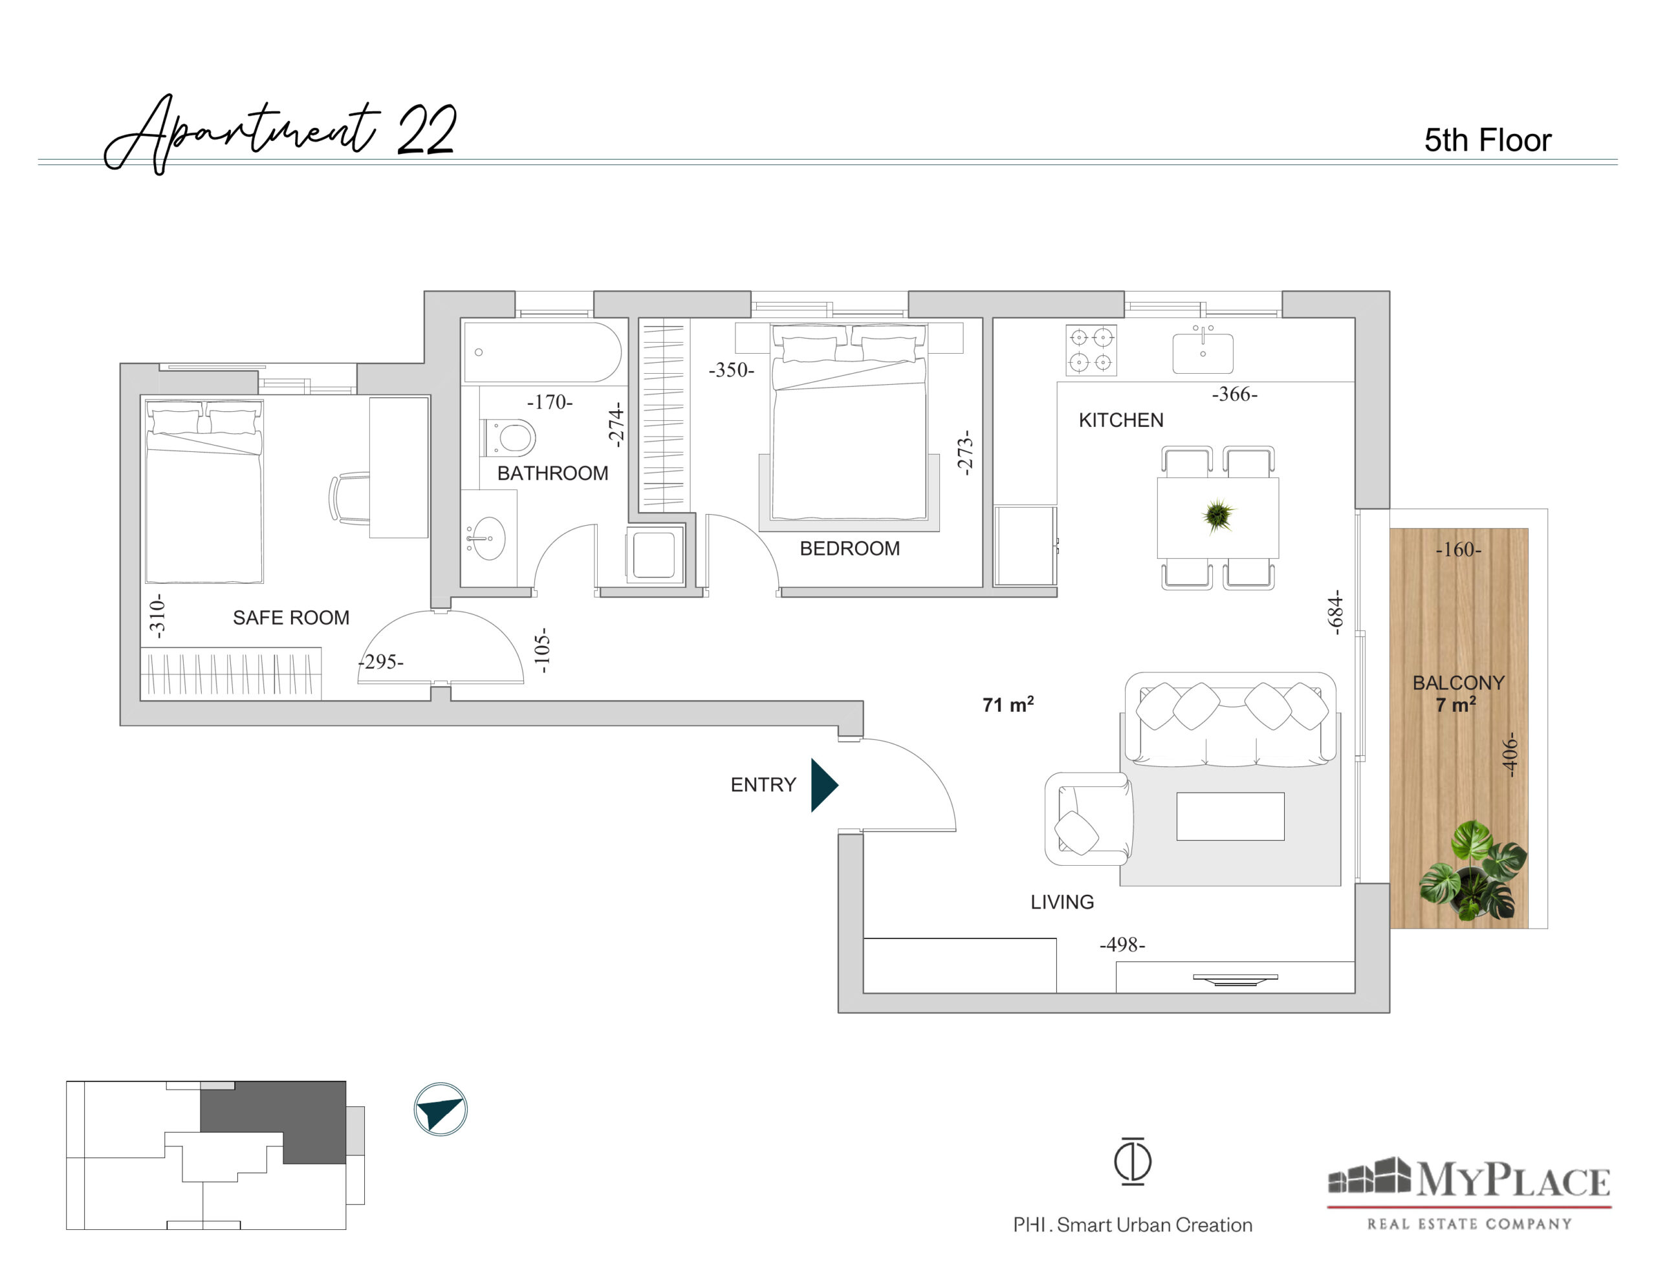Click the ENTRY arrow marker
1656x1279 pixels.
[823, 785]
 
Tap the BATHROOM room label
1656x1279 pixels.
[553, 473]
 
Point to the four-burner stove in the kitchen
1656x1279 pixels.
[1091, 350]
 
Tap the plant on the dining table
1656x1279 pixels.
[1217, 515]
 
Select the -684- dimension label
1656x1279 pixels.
[1335, 612]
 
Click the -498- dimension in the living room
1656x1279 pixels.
[1122, 945]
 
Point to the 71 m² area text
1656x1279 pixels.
[1008, 704]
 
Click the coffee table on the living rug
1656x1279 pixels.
[1230, 817]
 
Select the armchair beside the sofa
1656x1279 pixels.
[1089, 819]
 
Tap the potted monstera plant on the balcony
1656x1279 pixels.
[1472, 871]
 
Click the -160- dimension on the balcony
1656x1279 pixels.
[1458, 549]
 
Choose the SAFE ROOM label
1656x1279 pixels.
[291, 618]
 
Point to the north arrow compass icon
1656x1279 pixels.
[441, 1109]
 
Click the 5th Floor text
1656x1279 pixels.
[1488, 140]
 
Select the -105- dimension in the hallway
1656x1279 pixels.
[541, 650]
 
